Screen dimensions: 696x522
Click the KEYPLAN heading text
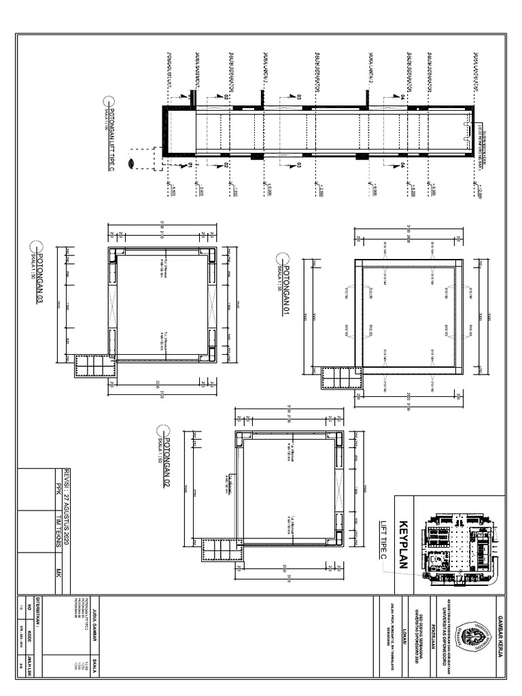404,536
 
